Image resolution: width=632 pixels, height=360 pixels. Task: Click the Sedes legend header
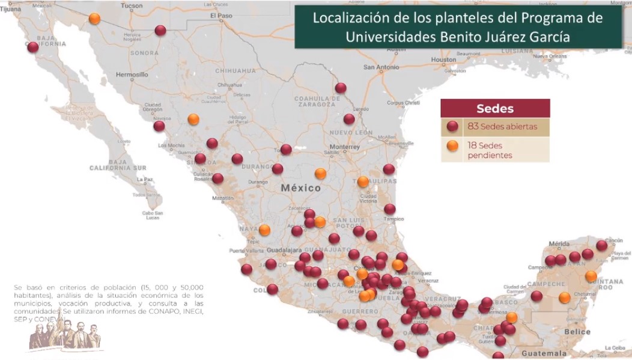click(x=495, y=109)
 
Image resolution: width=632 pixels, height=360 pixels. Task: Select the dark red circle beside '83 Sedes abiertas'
click(x=453, y=127)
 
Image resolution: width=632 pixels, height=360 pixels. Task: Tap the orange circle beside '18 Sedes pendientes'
click(x=453, y=145)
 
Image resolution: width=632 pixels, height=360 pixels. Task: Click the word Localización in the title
click(x=350, y=18)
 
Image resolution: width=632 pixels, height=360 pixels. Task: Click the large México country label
click(x=301, y=188)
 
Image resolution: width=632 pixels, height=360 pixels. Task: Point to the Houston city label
click(x=443, y=59)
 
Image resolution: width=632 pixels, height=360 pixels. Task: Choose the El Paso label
click(x=221, y=15)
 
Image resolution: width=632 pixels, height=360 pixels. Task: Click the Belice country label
click(x=577, y=332)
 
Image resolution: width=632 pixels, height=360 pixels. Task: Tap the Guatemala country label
click(x=544, y=353)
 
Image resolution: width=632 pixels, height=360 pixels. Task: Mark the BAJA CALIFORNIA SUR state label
click(x=118, y=168)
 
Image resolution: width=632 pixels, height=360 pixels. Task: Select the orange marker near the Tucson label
click(x=94, y=19)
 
